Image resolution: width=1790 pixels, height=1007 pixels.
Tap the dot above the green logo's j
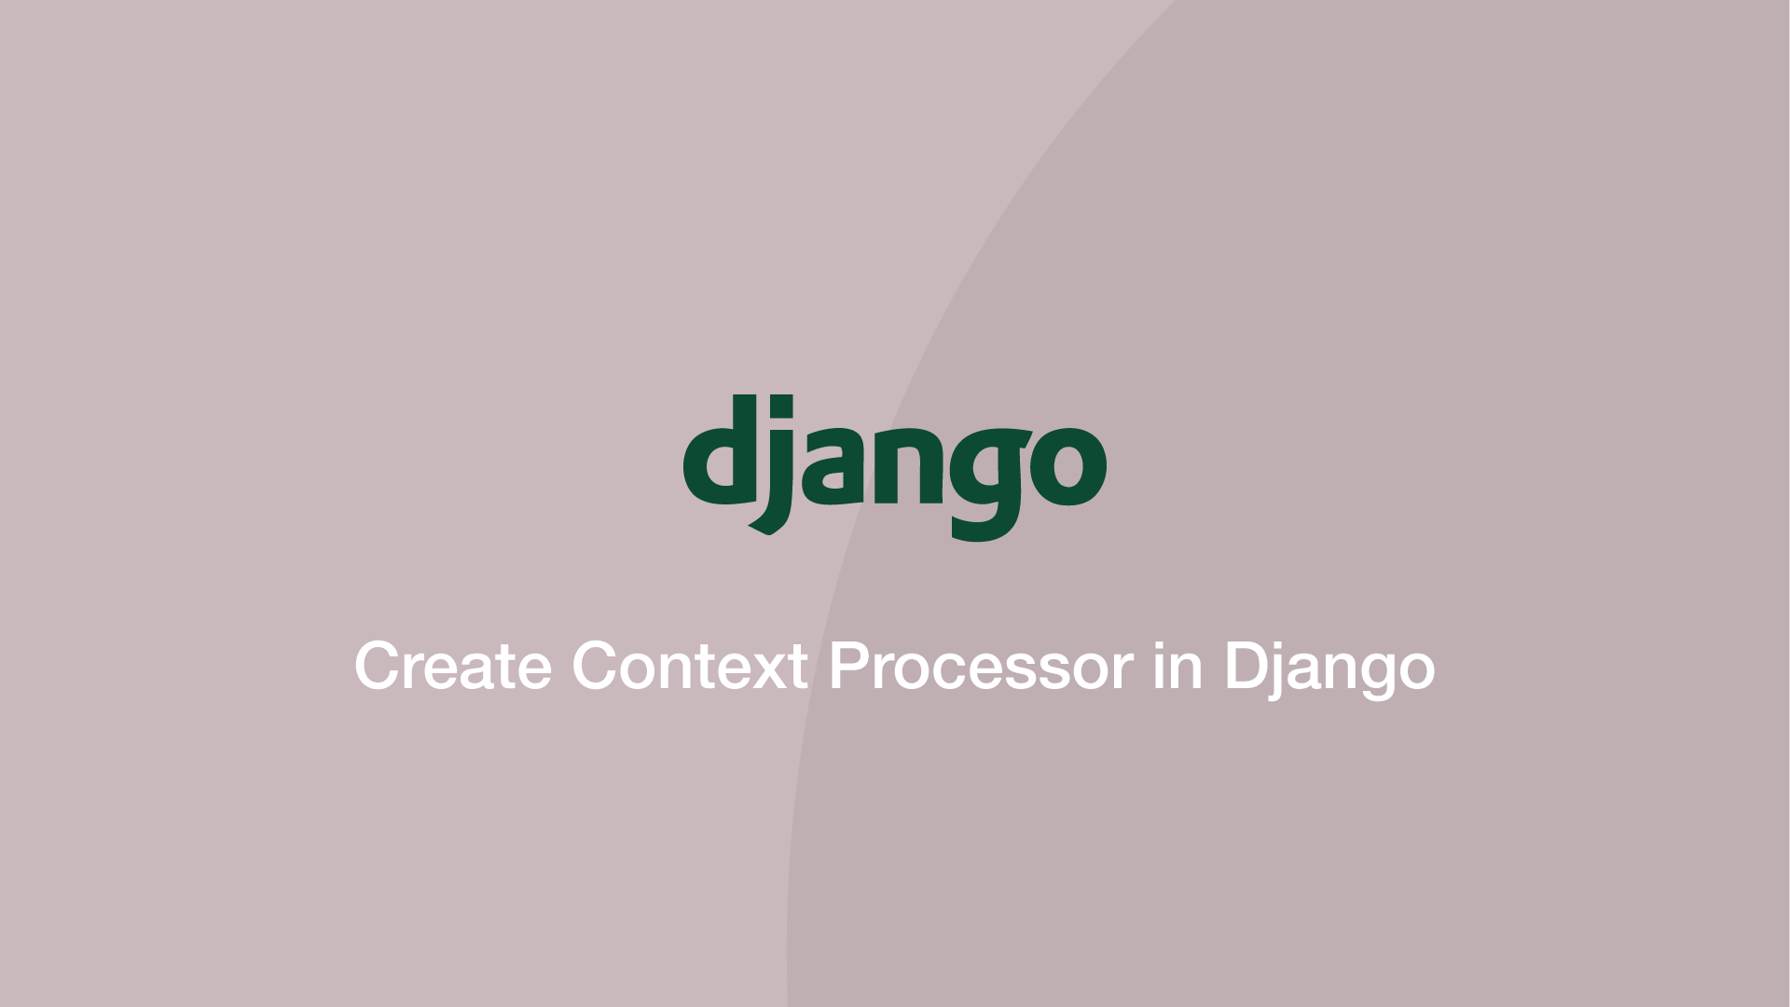(x=776, y=407)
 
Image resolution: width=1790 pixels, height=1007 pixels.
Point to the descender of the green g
(x=984, y=527)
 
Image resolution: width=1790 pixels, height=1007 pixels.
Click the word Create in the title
(x=453, y=666)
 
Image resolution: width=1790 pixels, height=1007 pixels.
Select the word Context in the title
(x=690, y=666)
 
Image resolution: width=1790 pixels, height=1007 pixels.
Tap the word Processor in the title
(x=981, y=666)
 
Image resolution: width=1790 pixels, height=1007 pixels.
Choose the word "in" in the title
(x=1177, y=666)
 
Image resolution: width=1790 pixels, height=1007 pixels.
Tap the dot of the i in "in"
(x=1159, y=643)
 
